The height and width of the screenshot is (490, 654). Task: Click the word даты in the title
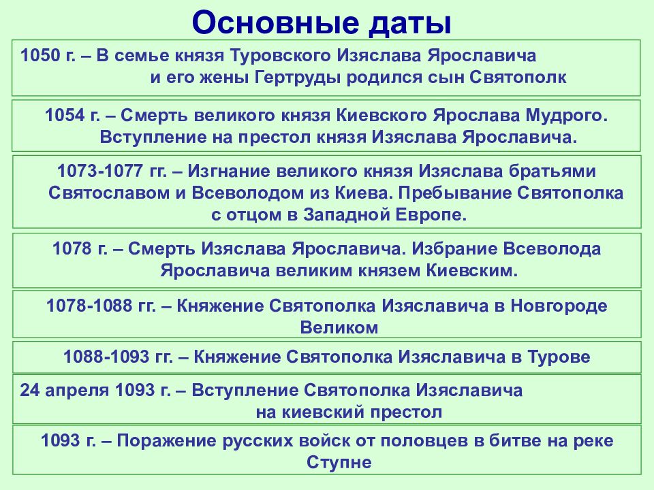(410, 23)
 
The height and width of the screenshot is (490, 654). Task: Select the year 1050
(40, 55)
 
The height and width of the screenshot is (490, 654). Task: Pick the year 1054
(65, 116)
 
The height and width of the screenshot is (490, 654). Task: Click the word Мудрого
(566, 116)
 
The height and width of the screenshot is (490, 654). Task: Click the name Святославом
(109, 193)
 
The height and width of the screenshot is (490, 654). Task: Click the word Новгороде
(559, 306)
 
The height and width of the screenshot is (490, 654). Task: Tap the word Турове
(559, 357)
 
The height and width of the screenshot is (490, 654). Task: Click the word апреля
(76, 391)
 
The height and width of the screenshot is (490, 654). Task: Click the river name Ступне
(339, 463)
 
